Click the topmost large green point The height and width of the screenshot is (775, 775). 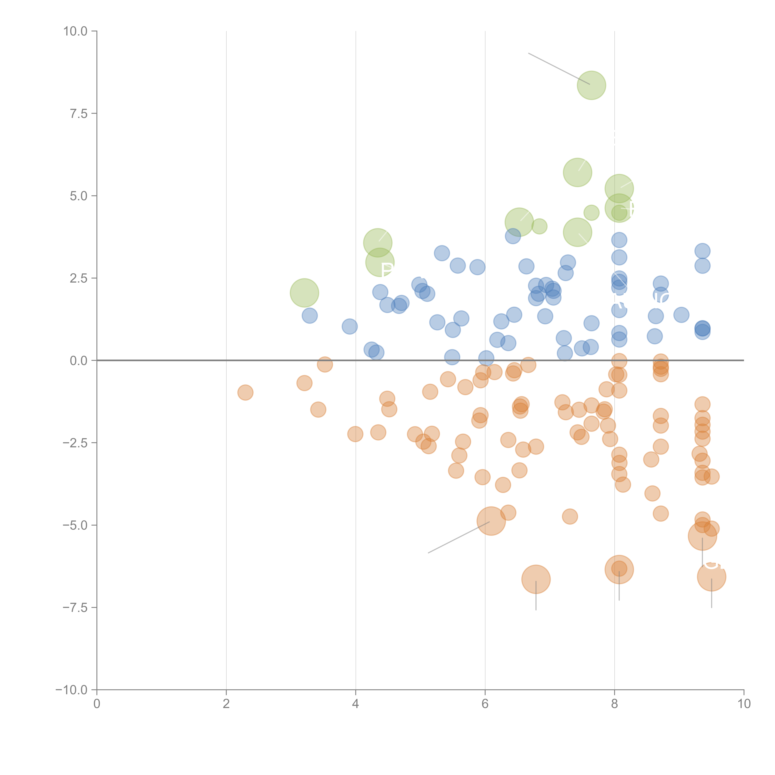tap(591, 85)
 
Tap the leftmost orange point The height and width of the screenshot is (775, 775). tap(245, 392)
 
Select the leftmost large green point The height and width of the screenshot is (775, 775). tap(304, 293)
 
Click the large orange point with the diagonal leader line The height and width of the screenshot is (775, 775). tap(491, 521)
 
